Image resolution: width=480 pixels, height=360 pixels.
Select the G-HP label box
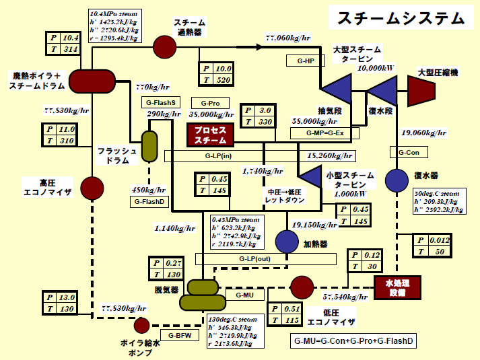[x=306, y=61]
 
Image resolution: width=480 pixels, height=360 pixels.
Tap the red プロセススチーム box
[x=210, y=135]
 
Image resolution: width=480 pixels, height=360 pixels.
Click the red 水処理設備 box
[x=397, y=288]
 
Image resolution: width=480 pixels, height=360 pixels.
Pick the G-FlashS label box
[x=160, y=102]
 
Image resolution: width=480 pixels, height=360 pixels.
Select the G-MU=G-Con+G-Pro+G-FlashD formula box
[x=354, y=341]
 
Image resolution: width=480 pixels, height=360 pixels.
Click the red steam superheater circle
[x=164, y=46]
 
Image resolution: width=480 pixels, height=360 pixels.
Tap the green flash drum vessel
[x=149, y=146]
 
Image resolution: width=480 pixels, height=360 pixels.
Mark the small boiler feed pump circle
[x=141, y=326]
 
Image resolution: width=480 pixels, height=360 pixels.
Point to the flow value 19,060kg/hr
[x=423, y=133]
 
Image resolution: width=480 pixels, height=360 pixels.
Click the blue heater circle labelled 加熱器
[x=287, y=241]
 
